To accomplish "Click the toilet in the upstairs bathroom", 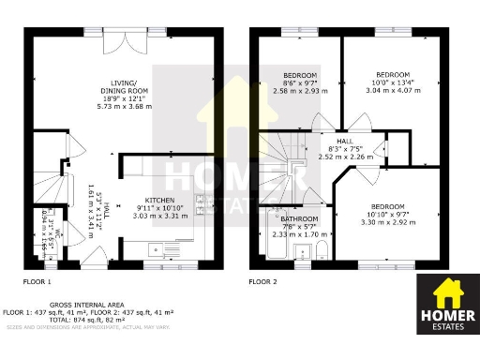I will (x=322, y=249).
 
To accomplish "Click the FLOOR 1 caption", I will (x=37, y=281).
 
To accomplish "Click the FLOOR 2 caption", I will (x=263, y=281).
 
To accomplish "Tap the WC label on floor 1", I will (x=57, y=234).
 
